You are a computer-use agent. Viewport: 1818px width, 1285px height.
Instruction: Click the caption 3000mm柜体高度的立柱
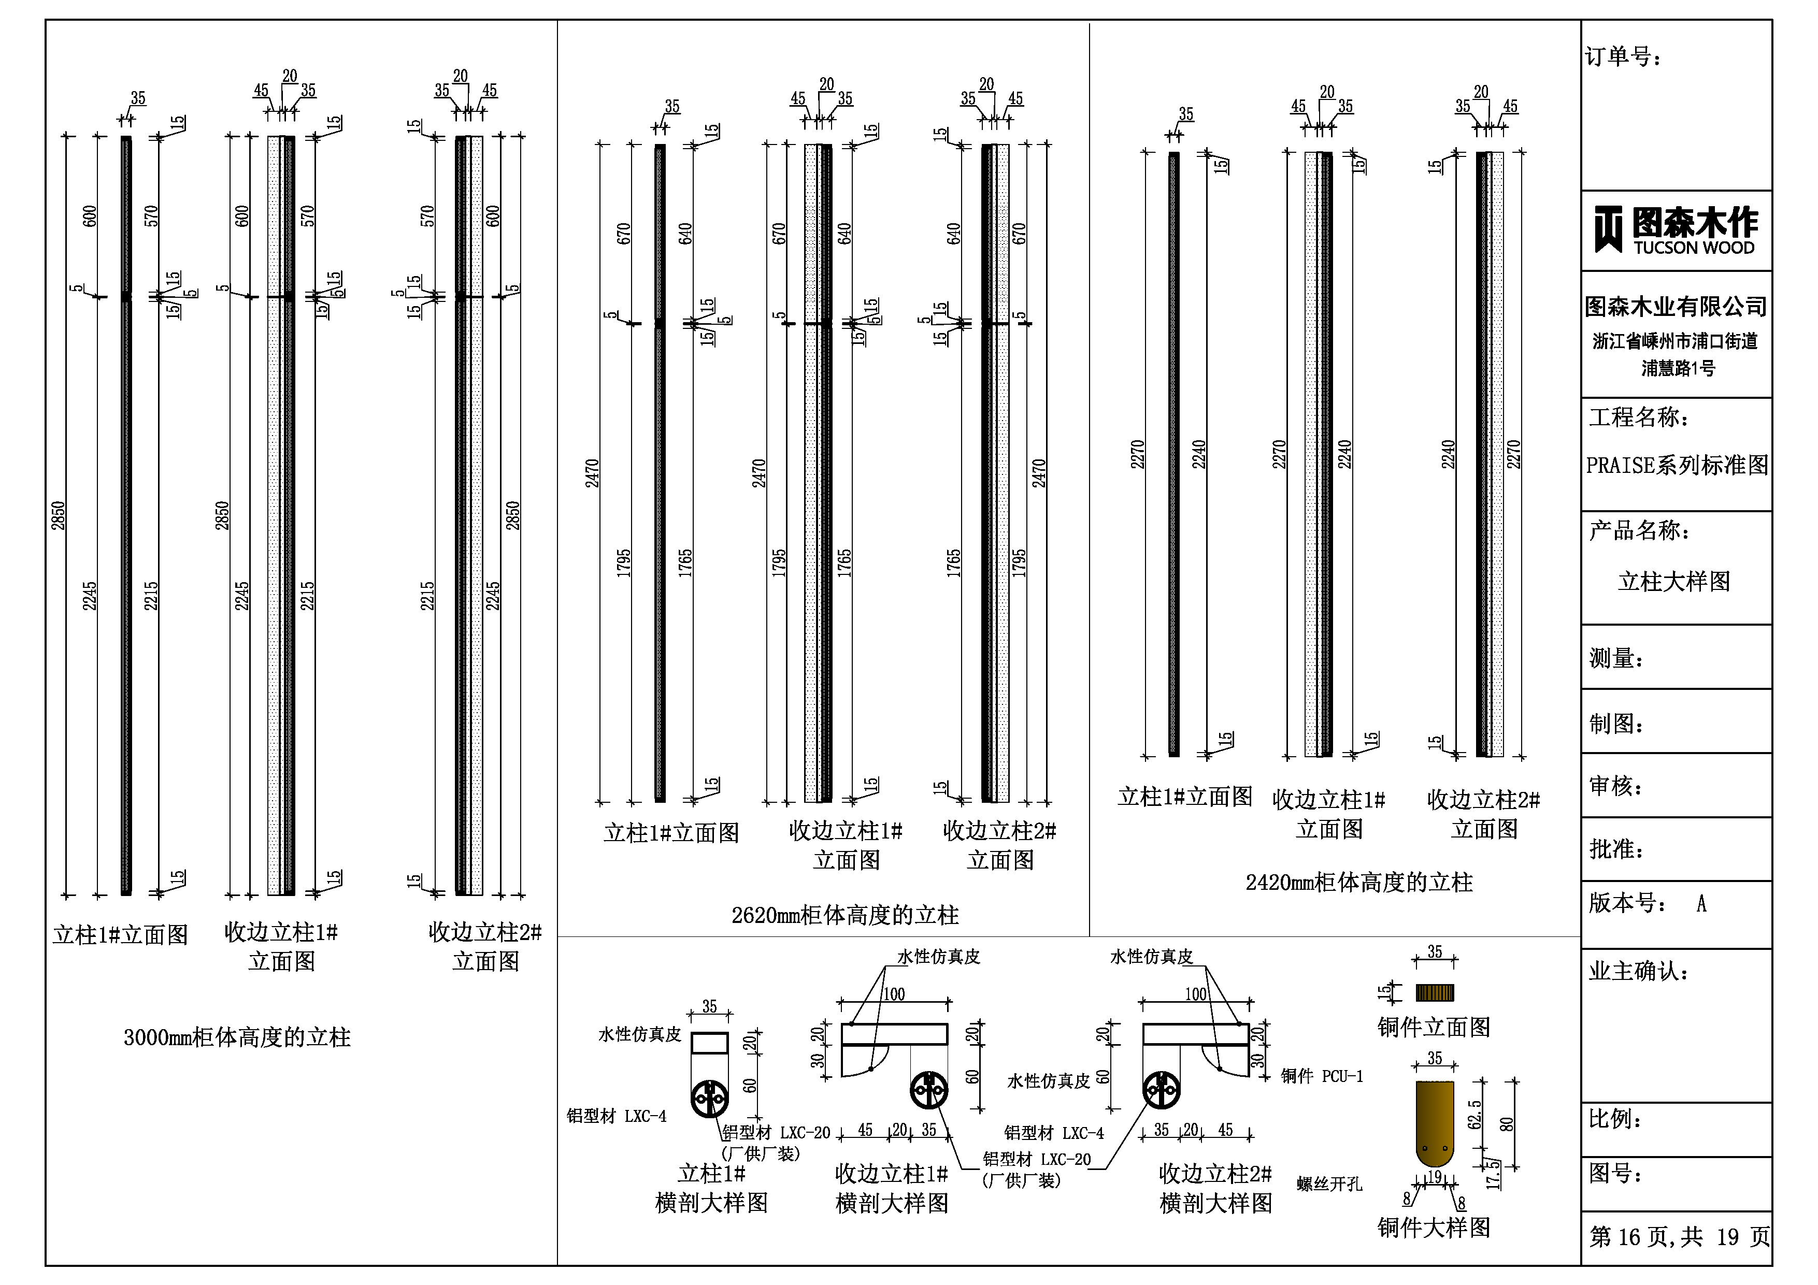click(237, 1037)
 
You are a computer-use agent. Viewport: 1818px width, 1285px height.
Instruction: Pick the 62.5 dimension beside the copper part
click(1475, 1114)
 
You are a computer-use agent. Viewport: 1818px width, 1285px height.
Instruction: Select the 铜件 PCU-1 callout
click(1322, 1077)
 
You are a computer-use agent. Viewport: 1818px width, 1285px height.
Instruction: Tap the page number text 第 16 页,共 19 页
click(1679, 1237)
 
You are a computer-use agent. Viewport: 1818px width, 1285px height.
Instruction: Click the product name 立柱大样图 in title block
click(1674, 582)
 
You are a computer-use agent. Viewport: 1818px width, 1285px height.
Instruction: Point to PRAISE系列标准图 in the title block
click(1677, 466)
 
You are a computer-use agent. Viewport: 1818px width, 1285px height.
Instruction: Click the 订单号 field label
click(1623, 57)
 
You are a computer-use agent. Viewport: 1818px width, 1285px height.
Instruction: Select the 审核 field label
click(1616, 786)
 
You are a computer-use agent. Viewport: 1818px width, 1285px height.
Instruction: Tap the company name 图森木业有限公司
click(1676, 307)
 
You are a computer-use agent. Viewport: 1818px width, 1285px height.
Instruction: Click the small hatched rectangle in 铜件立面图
click(1435, 993)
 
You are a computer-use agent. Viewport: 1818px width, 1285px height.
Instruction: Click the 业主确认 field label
click(1638, 972)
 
